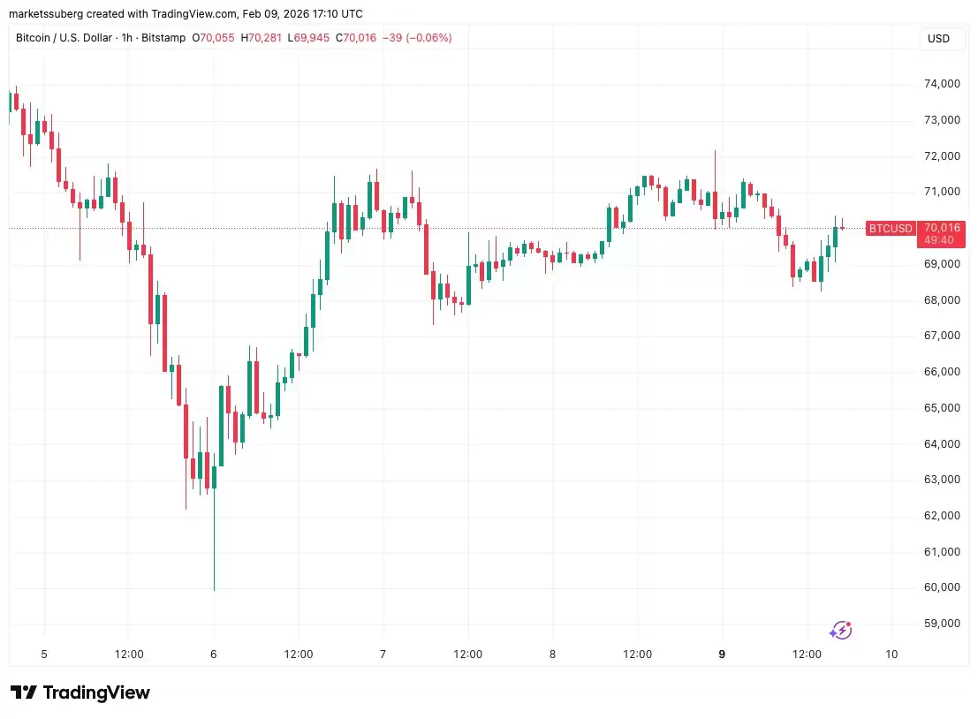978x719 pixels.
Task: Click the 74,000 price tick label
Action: coord(942,84)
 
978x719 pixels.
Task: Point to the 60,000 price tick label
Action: coord(942,587)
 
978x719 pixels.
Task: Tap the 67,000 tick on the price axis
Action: coord(942,336)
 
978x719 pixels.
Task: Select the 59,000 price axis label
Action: coord(942,624)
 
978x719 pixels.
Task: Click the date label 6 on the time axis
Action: coord(214,655)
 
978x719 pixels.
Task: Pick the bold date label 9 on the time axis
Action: coord(723,655)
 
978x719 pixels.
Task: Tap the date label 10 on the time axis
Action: coord(891,655)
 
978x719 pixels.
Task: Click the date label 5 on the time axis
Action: coord(43,655)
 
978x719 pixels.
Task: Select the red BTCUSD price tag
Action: coord(890,229)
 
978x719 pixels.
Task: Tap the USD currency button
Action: coord(938,39)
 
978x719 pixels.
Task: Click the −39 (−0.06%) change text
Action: coord(420,38)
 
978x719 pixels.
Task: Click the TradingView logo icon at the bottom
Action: coord(24,693)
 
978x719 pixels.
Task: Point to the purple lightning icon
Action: coord(841,630)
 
